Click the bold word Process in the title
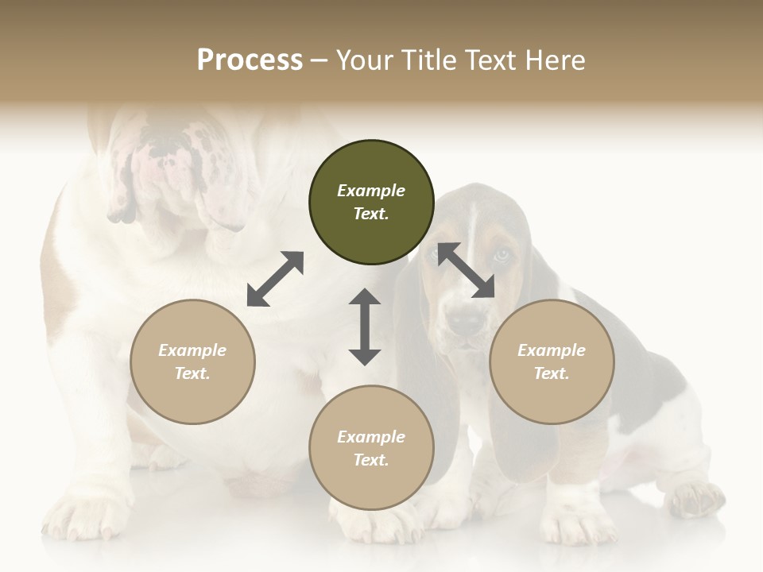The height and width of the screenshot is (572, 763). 250,60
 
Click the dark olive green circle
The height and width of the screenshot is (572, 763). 371,202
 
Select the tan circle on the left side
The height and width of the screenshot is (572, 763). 192,361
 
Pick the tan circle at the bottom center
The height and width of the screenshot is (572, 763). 371,447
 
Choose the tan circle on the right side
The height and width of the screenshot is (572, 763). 552,361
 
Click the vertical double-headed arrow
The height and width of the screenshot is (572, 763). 365,327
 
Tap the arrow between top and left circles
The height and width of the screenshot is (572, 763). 275,279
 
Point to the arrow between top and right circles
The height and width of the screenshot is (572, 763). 466,270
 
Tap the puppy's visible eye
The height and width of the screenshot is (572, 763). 502,255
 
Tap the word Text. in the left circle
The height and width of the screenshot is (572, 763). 192,373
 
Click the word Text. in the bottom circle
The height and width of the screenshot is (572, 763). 371,460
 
